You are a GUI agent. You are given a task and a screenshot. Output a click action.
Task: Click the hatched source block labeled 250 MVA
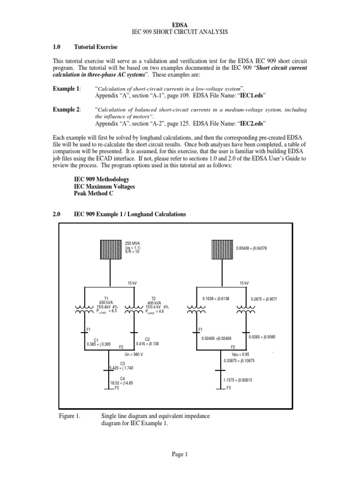coord(109,249)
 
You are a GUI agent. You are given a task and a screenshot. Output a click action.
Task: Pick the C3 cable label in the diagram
coord(122,363)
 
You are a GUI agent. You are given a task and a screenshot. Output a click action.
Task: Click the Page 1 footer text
coord(180,454)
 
